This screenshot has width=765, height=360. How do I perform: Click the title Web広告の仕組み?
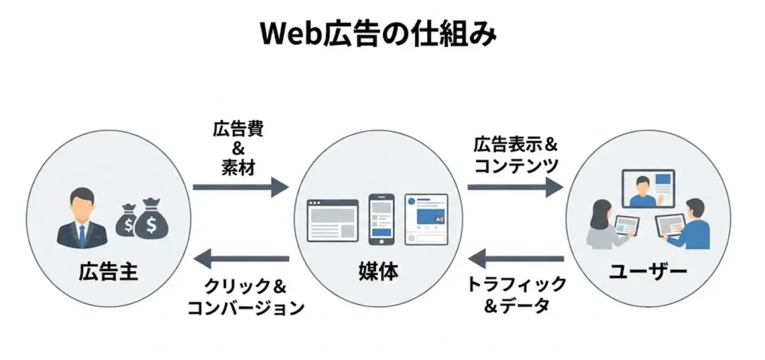[378, 34]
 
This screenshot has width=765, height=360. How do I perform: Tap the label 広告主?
[108, 272]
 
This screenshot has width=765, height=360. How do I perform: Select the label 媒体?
[378, 272]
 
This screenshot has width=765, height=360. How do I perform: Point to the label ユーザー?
[648, 272]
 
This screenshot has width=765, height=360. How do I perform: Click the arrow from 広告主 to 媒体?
[240, 187]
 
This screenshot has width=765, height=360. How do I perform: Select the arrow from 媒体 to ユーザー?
[515, 187]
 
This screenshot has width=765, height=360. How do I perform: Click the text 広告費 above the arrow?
[238, 129]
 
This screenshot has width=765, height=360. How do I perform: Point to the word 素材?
[238, 167]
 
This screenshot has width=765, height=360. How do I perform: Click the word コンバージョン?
[246, 307]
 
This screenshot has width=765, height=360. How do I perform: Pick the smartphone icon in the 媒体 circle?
[381, 219]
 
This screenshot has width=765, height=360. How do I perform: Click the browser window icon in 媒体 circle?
[332, 221]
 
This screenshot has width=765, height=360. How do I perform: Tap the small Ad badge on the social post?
[439, 219]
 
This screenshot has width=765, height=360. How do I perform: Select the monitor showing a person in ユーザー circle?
[648, 188]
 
